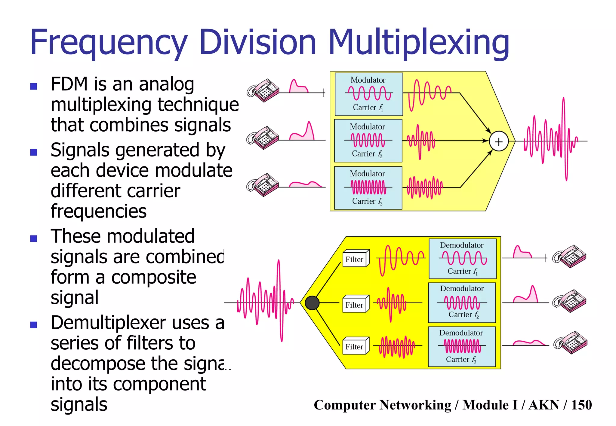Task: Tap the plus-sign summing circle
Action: tap(498, 141)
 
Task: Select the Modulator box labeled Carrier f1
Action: tap(368, 94)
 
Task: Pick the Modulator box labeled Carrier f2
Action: tap(368, 141)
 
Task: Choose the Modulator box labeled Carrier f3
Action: tap(368, 188)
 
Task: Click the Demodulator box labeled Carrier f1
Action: tap(462, 259)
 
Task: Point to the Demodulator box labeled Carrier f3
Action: tap(462, 347)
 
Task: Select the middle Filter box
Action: tap(356, 304)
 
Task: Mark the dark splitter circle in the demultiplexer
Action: tap(312, 303)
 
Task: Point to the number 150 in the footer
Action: tap(581, 405)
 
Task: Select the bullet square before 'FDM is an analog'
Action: tap(34, 87)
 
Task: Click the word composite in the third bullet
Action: tap(153, 277)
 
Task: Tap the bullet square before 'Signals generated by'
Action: tap(34, 152)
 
